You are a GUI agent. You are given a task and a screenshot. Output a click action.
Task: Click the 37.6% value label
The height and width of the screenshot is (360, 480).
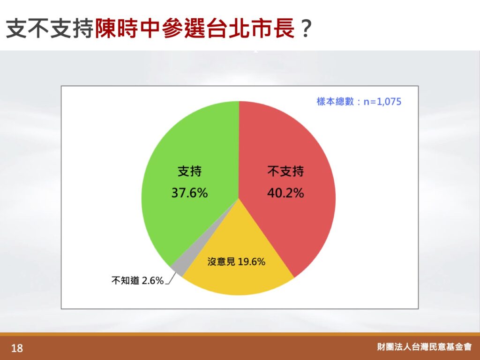click(x=189, y=193)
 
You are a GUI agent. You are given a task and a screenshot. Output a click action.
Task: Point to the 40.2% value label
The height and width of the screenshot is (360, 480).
click(x=285, y=193)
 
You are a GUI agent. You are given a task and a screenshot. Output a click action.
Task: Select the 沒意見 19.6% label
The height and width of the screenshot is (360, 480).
click(x=236, y=262)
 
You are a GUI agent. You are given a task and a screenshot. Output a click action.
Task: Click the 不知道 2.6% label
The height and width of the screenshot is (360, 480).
click(x=137, y=280)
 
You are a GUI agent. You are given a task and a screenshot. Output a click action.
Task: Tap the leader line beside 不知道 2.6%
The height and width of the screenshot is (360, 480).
click(x=171, y=278)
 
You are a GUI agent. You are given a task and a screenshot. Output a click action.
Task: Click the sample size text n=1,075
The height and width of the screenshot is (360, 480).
click(x=382, y=102)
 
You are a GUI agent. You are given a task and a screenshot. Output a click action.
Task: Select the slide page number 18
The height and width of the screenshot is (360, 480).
click(x=17, y=348)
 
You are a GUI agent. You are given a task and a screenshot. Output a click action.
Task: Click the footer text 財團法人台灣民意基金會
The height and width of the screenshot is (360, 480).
click(x=424, y=347)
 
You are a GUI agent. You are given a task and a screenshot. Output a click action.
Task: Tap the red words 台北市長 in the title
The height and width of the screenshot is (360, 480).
click(x=251, y=28)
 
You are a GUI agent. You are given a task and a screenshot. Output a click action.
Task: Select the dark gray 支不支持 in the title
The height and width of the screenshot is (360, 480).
click(x=50, y=28)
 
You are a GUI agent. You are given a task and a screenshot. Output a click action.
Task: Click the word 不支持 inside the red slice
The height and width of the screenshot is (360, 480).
click(x=285, y=171)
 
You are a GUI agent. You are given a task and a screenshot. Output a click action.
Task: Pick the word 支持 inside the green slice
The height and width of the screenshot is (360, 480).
click(x=190, y=171)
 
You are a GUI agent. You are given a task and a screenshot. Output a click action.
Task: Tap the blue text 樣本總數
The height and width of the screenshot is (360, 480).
click(x=335, y=102)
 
